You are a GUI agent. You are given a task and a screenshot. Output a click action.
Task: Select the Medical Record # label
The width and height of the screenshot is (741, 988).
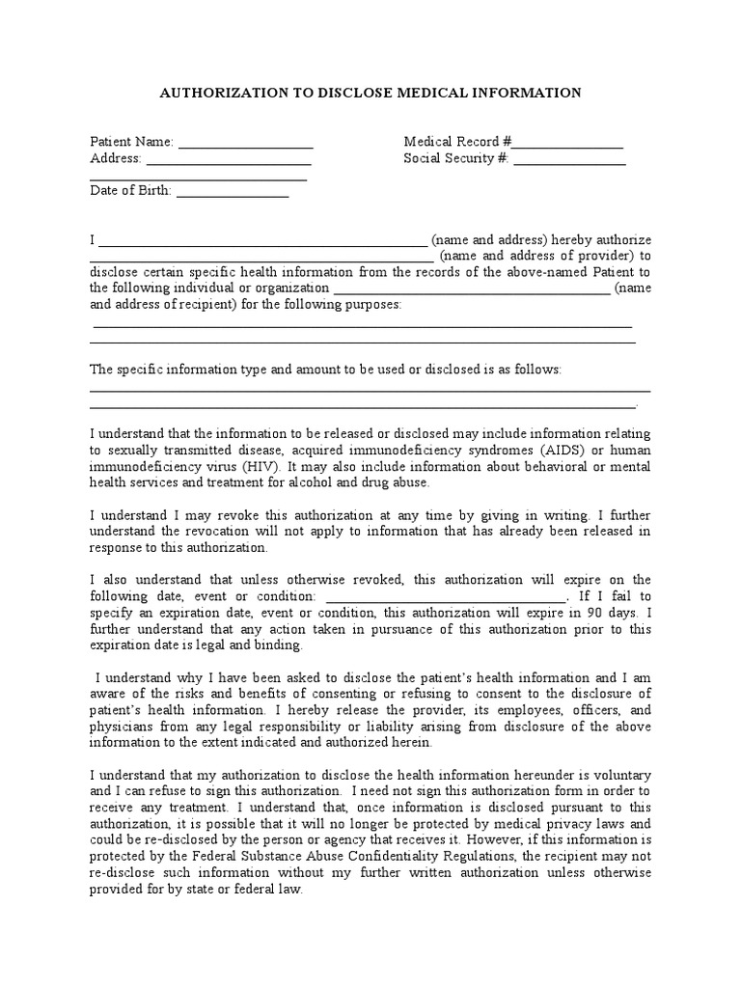tap(457, 143)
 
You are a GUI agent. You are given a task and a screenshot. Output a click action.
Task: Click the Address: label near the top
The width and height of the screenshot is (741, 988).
tap(116, 159)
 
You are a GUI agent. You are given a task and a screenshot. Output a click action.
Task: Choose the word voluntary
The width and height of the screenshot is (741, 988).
tap(618, 776)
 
